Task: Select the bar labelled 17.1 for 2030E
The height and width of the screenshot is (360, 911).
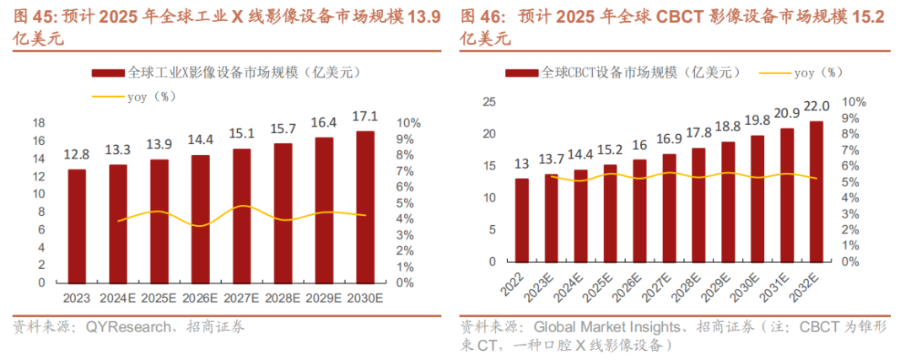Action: [365, 207]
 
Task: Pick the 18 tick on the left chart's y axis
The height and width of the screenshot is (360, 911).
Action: [38, 123]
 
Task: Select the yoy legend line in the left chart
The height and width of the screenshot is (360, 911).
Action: [107, 96]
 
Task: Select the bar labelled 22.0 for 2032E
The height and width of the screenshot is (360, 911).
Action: [817, 191]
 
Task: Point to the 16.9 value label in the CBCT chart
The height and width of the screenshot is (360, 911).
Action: [670, 137]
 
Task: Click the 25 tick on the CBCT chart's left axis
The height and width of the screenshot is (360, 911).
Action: [488, 103]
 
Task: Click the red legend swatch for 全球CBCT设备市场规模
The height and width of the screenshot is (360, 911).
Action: [522, 73]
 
